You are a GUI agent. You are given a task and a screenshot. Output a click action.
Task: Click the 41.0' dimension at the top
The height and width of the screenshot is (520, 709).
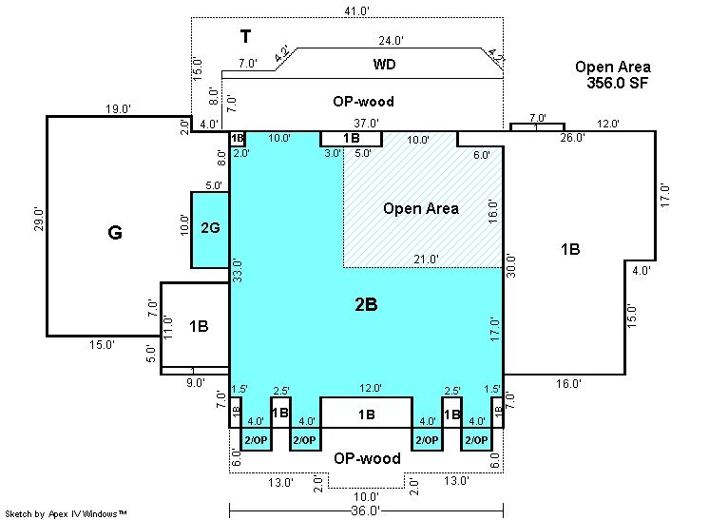356,10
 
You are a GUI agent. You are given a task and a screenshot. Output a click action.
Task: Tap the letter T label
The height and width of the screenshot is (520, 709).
245,36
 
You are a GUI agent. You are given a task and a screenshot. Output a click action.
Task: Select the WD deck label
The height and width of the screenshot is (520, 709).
384,65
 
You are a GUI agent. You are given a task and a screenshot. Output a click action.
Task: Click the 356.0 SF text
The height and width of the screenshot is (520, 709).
617,83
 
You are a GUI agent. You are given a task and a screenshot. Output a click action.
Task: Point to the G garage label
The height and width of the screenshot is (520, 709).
115,232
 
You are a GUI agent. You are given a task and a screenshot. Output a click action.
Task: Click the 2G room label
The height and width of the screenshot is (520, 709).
210,227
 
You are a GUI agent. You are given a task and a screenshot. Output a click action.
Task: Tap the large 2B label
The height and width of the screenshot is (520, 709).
366,305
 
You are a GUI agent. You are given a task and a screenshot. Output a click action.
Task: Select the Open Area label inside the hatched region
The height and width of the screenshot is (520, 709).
421,208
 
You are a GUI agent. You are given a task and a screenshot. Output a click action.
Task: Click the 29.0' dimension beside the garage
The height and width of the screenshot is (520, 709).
39,220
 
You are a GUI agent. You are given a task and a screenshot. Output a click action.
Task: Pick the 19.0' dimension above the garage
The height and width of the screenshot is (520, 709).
119,109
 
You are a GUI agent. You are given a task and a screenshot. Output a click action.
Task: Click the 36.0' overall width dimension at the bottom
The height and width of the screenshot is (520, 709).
365,510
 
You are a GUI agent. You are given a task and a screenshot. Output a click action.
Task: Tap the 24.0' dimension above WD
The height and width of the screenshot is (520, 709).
392,41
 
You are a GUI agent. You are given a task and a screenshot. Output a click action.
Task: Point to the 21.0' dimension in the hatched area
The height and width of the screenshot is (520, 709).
426,260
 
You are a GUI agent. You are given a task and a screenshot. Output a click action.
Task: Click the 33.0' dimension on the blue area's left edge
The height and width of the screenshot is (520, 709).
238,271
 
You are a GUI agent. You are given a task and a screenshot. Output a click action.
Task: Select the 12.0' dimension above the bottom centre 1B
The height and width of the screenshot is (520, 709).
371,388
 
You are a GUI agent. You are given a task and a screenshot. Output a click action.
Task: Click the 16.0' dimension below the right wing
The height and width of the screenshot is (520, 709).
568,384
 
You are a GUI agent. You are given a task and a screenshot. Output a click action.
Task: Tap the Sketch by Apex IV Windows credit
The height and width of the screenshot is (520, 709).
66,514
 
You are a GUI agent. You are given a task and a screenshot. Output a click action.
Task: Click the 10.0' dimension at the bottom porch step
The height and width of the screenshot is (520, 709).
366,497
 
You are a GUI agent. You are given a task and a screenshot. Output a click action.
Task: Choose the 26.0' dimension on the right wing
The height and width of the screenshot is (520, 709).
572,138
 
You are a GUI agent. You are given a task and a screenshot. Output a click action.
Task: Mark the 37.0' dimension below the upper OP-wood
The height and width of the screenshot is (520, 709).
366,123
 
